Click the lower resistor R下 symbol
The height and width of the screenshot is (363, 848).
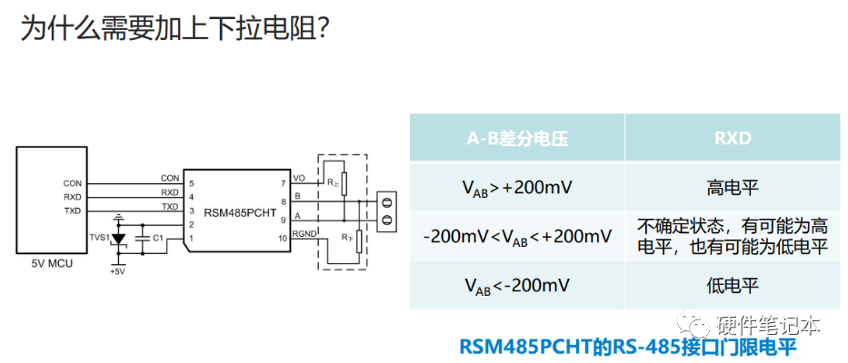360,240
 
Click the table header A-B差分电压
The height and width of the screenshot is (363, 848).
516,139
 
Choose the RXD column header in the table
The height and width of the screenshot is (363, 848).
732,139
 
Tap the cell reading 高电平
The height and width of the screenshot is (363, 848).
732,188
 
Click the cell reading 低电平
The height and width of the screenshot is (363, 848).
732,286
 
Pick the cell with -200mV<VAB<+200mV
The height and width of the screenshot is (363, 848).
517,237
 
